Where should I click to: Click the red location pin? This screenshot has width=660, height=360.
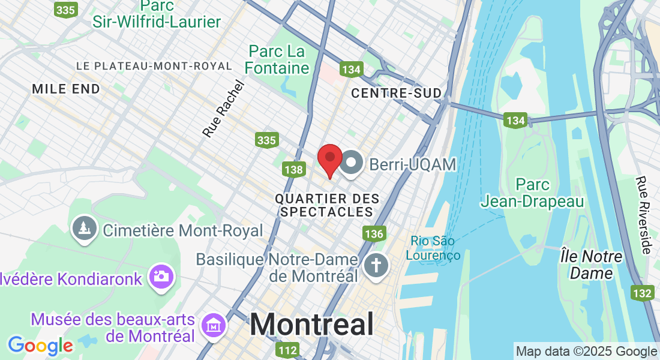[x=329, y=160]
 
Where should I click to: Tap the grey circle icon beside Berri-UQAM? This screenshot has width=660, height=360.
[x=351, y=164]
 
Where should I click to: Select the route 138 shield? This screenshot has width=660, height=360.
[x=293, y=170]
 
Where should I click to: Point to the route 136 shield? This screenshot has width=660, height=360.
[x=374, y=233]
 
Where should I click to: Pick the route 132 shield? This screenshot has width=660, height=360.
[x=642, y=293]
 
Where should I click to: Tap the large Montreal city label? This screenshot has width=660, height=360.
[x=312, y=325]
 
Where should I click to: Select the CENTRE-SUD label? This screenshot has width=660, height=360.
[x=396, y=93]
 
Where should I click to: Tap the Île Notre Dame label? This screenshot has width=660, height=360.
[x=591, y=265]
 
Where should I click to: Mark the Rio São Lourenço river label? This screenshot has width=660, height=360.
[x=436, y=248]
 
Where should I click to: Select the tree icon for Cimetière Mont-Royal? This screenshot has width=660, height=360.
[x=84, y=230]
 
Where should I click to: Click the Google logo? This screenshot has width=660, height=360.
[x=40, y=345]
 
